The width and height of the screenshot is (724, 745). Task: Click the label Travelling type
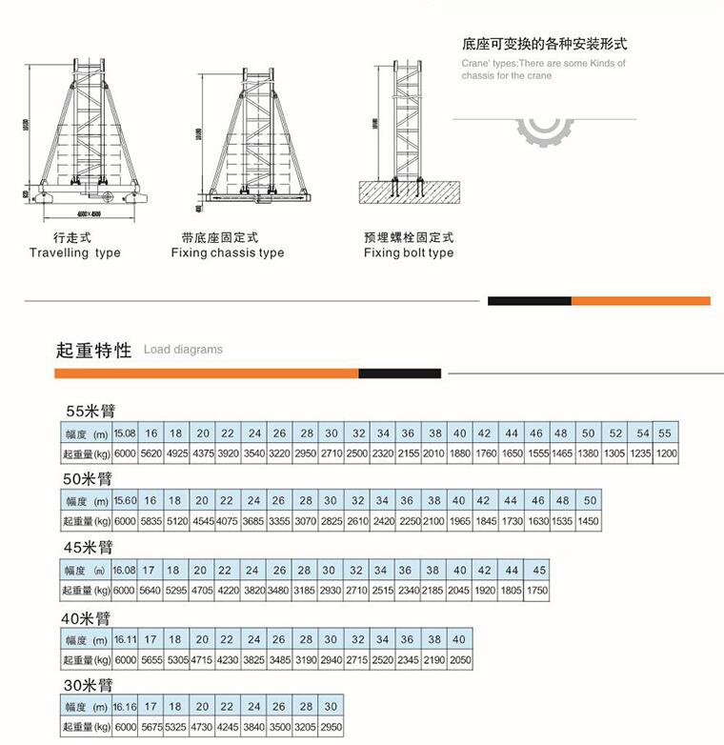[74, 253]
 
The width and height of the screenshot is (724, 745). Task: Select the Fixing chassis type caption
[228, 253]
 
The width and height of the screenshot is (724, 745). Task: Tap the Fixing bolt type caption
[409, 253]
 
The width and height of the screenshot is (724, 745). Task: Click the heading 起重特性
[93, 350]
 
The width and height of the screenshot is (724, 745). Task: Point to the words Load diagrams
[183, 350]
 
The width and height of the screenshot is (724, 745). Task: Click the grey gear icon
[546, 130]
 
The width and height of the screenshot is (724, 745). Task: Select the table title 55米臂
[90, 412]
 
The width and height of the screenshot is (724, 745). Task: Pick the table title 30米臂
[89, 685]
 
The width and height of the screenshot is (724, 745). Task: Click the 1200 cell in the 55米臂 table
[666, 454]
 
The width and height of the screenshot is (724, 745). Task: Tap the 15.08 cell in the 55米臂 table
[125, 433]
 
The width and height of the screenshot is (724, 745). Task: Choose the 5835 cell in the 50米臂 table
[151, 522]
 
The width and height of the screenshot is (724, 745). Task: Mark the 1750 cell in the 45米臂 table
[537, 591]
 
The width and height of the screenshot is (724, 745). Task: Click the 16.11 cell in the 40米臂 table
[125, 639]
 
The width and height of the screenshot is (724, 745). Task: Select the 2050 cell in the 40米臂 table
[459, 660]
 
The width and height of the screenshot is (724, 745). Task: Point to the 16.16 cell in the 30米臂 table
[125, 707]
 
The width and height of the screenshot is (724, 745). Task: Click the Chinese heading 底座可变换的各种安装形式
[544, 44]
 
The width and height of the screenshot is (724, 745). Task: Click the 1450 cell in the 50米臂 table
[588, 522]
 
